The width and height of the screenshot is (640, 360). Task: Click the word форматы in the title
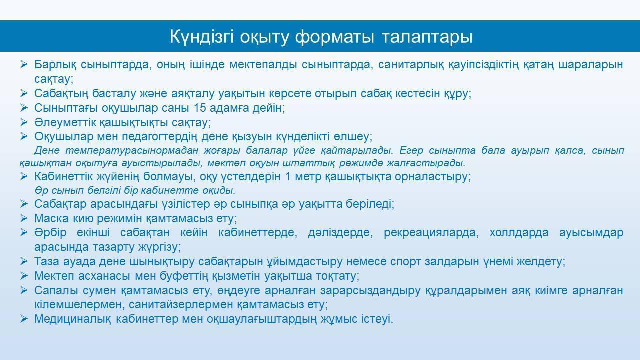pyautogui.click(x=334, y=37)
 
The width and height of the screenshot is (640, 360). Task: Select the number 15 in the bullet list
pyautogui.click(x=200, y=108)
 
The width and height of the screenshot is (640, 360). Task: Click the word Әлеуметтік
pyautogui.click(x=65, y=122)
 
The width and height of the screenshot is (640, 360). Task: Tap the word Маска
pyautogui.click(x=51, y=218)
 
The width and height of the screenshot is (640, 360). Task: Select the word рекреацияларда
pyautogui.click(x=431, y=233)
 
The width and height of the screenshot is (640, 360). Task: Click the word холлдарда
pyautogui.click(x=519, y=233)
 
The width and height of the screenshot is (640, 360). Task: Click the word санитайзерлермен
pyautogui.click(x=181, y=305)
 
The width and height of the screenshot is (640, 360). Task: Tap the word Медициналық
pyautogui.click(x=73, y=319)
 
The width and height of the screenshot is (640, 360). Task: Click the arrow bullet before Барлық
pyautogui.click(x=24, y=64)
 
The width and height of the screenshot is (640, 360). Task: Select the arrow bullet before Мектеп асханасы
pyautogui.click(x=24, y=276)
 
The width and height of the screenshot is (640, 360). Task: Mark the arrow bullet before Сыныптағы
pyautogui.click(x=24, y=108)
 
